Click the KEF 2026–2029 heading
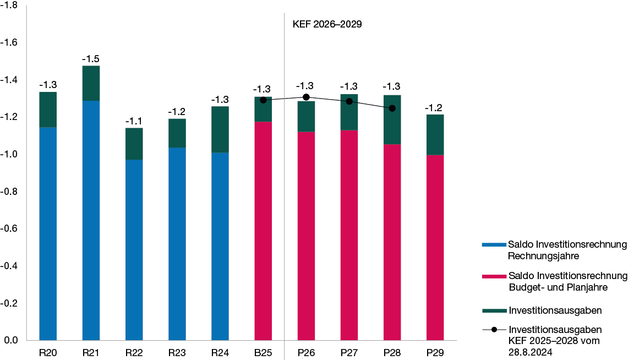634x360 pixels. [x=326, y=24]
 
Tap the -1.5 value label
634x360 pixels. [x=91, y=59]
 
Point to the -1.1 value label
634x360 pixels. [x=134, y=121]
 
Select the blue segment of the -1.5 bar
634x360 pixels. [x=91, y=220]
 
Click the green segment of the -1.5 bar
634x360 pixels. [x=91, y=83]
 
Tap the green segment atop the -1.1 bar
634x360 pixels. [x=134, y=144]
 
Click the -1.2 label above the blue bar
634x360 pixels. [x=177, y=112]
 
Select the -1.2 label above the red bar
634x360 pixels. [x=434, y=108]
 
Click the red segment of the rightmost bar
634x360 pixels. [x=435, y=247]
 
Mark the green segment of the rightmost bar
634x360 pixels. [x=435, y=134]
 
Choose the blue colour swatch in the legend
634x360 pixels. [x=494, y=244]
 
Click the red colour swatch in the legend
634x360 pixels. [x=494, y=276]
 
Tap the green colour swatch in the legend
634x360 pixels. [x=494, y=310]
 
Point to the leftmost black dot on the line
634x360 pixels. [x=263, y=100]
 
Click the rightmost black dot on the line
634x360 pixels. [x=392, y=108]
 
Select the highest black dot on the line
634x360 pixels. [x=306, y=97]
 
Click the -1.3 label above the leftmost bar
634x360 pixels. [x=48, y=85]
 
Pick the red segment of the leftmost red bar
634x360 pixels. [x=263, y=231]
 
